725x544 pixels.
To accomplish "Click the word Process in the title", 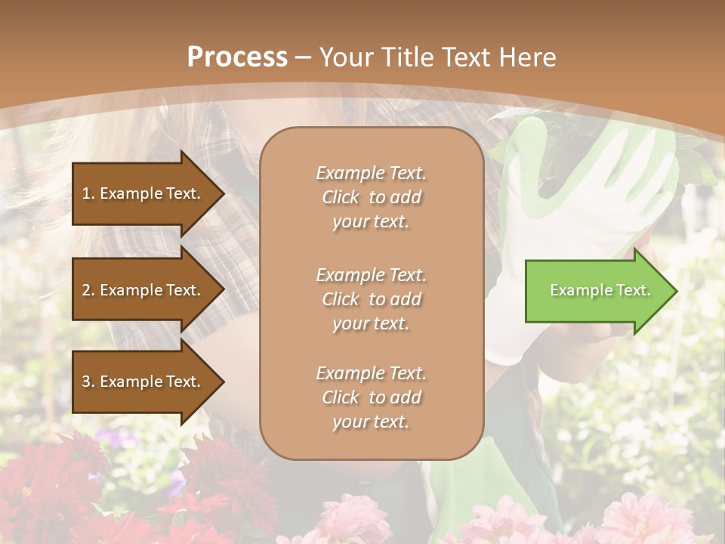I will click(x=237, y=57).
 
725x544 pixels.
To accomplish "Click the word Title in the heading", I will click(x=409, y=57).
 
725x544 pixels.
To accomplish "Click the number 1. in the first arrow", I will click(x=88, y=193).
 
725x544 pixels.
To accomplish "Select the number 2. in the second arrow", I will click(x=88, y=290).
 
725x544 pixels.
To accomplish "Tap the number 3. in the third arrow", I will click(x=88, y=382).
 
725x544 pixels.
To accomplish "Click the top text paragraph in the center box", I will click(x=371, y=197).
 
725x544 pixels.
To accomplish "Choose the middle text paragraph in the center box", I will click(x=371, y=299).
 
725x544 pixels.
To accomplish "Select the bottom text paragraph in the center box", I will click(x=371, y=397).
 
